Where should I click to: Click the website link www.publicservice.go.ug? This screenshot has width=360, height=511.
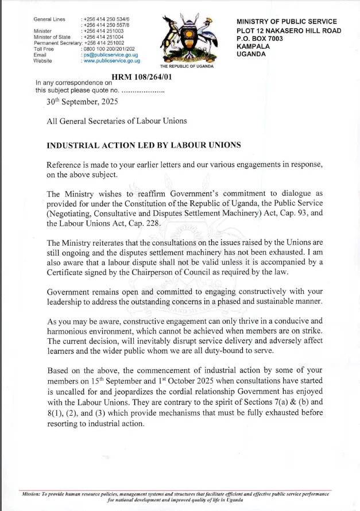[x=111, y=60]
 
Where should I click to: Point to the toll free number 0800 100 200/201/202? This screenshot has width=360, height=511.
[x=109, y=49]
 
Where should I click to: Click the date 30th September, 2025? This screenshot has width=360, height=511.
[x=82, y=102]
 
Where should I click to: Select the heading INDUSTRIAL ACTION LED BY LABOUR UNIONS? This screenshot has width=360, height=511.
[x=144, y=145]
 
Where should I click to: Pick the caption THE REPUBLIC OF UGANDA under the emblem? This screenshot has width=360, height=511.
[x=187, y=67]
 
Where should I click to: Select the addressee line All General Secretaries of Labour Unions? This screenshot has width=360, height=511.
[x=117, y=121]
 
